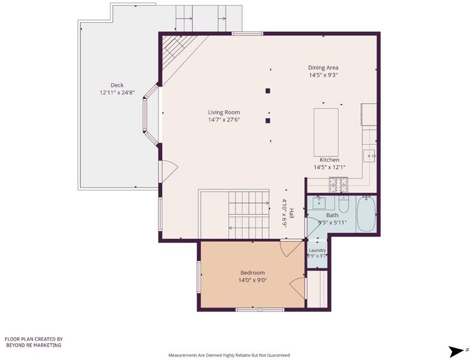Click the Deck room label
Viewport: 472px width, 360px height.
(117, 85)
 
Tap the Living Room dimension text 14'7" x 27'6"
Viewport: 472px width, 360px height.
(224, 120)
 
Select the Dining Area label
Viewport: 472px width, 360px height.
(323, 68)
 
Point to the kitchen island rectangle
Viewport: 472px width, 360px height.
(325, 133)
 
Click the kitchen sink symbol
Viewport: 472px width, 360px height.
(370, 156)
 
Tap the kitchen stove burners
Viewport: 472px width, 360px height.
(338, 185)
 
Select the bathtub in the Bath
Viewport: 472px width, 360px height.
(366, 214)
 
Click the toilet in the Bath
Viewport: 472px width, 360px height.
(343, 204)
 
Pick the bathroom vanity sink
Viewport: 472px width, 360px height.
(319, 203)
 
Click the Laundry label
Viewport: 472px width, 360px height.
(317, 250)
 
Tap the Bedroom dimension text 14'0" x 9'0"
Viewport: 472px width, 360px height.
(253, 280)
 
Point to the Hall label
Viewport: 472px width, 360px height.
(291, 213)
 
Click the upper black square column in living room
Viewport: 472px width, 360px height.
(268, 91)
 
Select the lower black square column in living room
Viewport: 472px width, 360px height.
(268, 121)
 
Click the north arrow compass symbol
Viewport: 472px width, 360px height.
(456, 351)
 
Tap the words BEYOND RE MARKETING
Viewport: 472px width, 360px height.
(34, 345)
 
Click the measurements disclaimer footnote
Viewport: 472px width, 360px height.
(229, 355)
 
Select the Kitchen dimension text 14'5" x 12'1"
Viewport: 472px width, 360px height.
(330, 167)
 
